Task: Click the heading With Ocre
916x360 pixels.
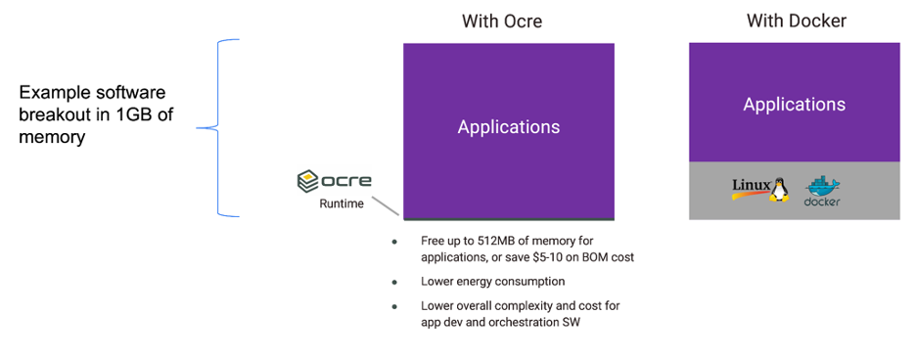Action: (502, 22)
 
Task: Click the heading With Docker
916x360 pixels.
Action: (797, 21)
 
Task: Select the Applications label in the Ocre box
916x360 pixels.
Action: (509, 127)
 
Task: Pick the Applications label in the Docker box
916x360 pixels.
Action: (794, 105)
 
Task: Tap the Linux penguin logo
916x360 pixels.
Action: (780, 189)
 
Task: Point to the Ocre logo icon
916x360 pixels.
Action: (308, 181)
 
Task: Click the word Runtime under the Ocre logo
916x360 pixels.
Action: (342, 203)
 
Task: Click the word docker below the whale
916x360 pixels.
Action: (822, 202)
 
